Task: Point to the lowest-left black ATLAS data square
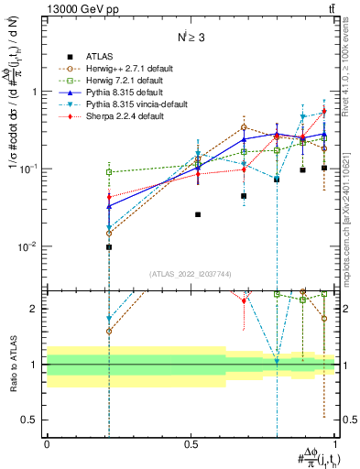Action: click(x=109, y=247)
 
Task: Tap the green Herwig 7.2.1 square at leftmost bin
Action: click(x=109, y=172)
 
